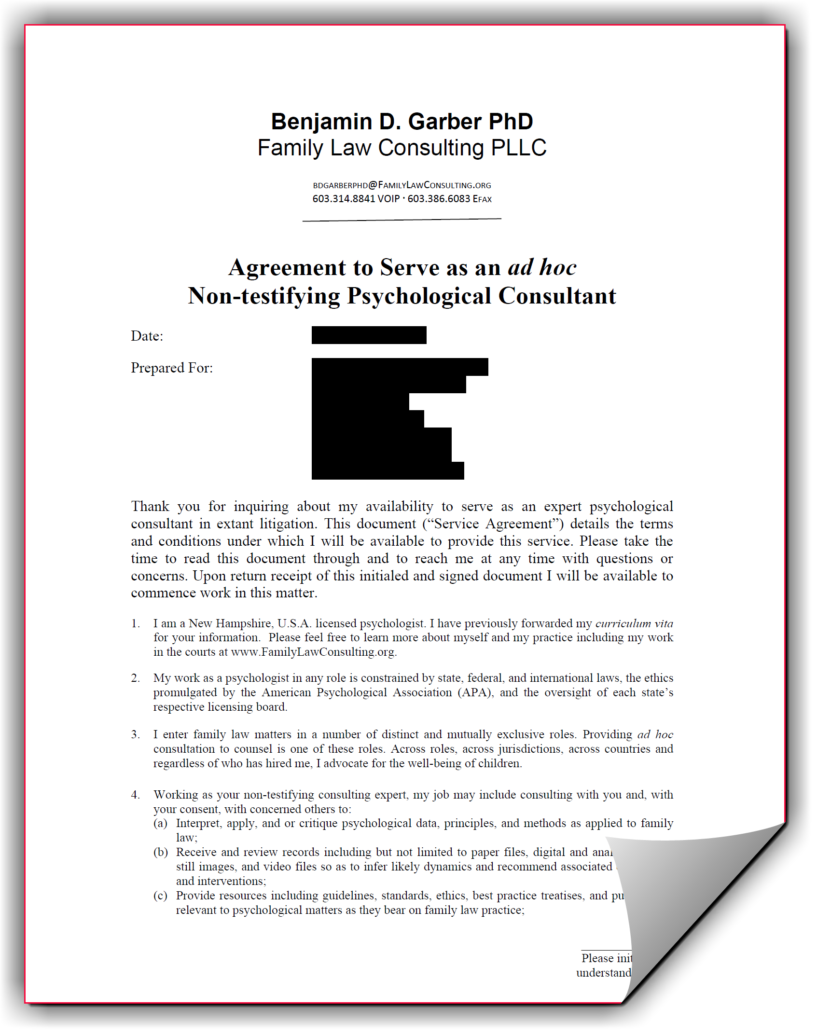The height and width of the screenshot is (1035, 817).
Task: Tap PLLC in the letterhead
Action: pos(518,148)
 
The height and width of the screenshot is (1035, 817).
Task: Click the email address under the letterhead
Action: pos(402,185)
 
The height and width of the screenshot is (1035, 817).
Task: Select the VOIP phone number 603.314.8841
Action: pos(344,199)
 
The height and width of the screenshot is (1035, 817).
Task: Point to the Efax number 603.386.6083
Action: pos(439,199)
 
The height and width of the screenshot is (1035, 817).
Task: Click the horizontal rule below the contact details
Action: pos(402,220)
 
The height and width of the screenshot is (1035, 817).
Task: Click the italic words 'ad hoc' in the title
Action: pos(542,267)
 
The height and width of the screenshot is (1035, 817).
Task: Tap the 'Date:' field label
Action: pos(147,336)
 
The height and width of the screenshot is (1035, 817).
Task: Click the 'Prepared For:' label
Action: pos(172,368)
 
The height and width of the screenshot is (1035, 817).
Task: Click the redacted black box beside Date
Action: pos(369,335)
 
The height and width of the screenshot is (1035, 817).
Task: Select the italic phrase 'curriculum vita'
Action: pos(634,623)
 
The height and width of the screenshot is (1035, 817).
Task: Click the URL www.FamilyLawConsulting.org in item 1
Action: pos(313,652)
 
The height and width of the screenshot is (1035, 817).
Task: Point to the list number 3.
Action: pos(135,735)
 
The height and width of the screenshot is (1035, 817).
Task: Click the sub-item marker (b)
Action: pos(161,852)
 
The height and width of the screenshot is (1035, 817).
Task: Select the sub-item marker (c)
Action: pos(161,896)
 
